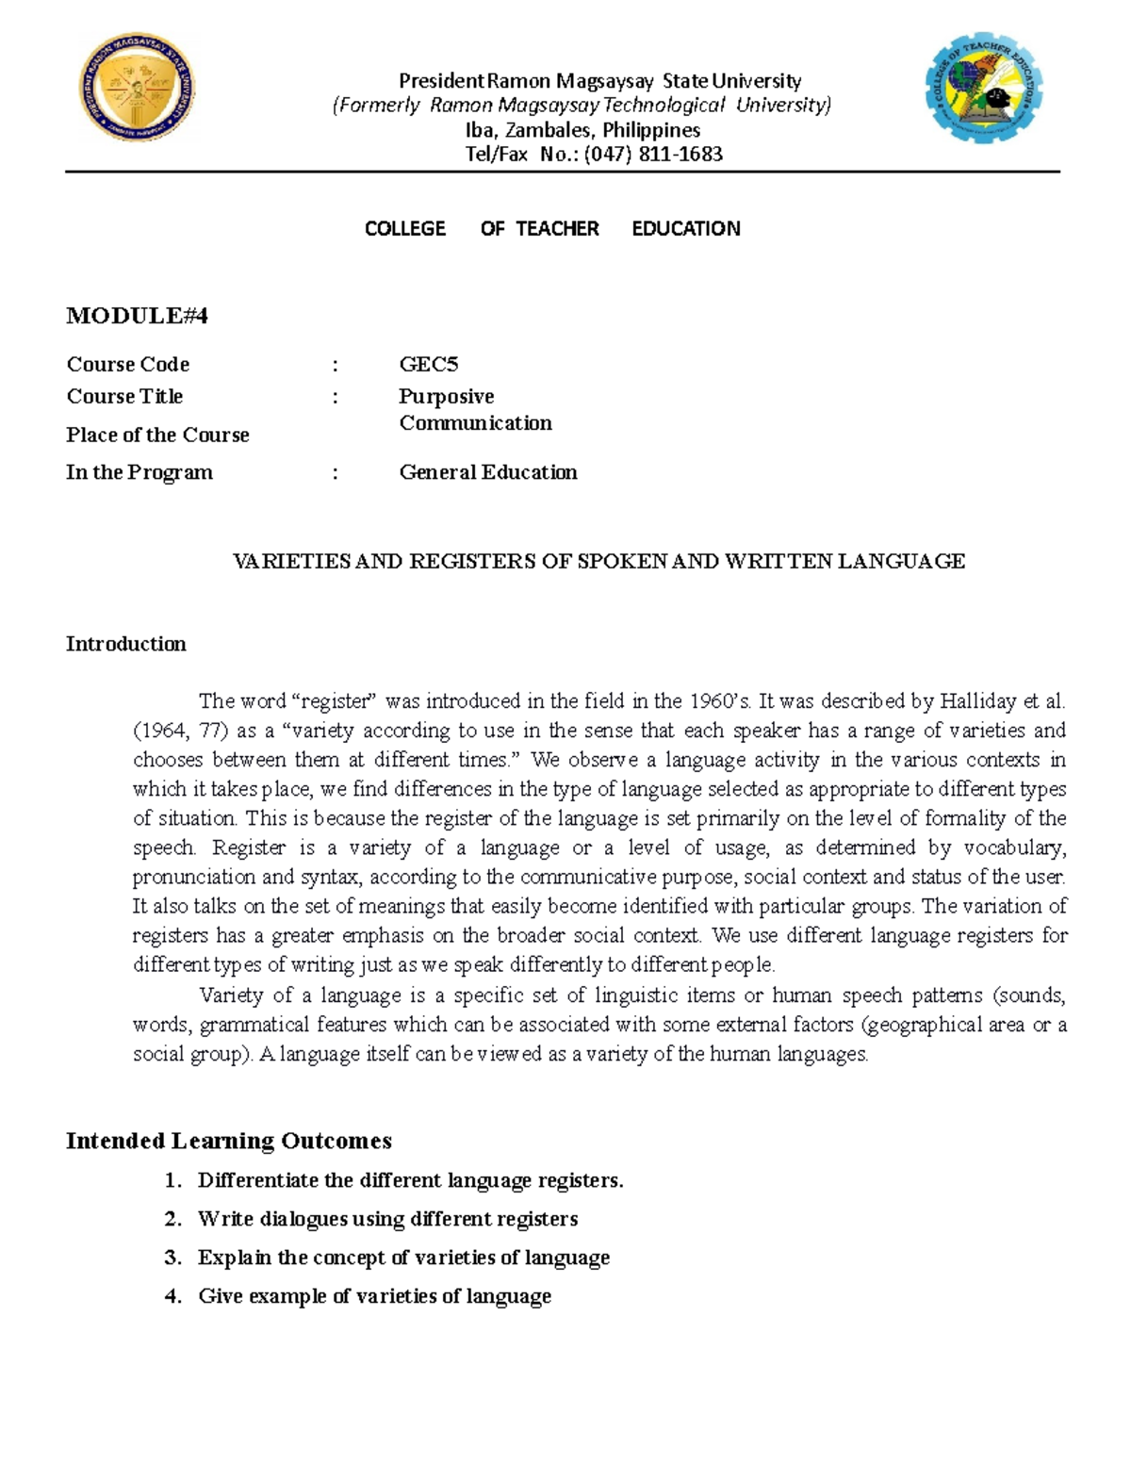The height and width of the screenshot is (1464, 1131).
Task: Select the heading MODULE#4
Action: click(x=137, y=316)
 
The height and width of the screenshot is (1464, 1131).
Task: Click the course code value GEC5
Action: click(x=428, y=365)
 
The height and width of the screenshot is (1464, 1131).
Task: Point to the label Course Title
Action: click(x=124, y=397)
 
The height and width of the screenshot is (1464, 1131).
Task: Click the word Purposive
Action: click(x=446, y=397)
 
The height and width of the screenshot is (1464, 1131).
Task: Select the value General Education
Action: click(x=487, y=472)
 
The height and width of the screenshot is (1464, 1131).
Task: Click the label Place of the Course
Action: click(x=157, y=436)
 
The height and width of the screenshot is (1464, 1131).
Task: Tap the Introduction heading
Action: click(x=125, y=644)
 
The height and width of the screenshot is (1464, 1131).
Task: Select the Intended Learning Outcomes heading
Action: click(x=228, y=1141)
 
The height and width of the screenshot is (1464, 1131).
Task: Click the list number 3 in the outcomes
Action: click(x=172, y=1258)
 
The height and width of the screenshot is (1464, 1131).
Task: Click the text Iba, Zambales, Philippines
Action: click(x=582, y=130)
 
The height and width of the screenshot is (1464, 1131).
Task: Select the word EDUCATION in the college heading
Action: click(x=685, y=229)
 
